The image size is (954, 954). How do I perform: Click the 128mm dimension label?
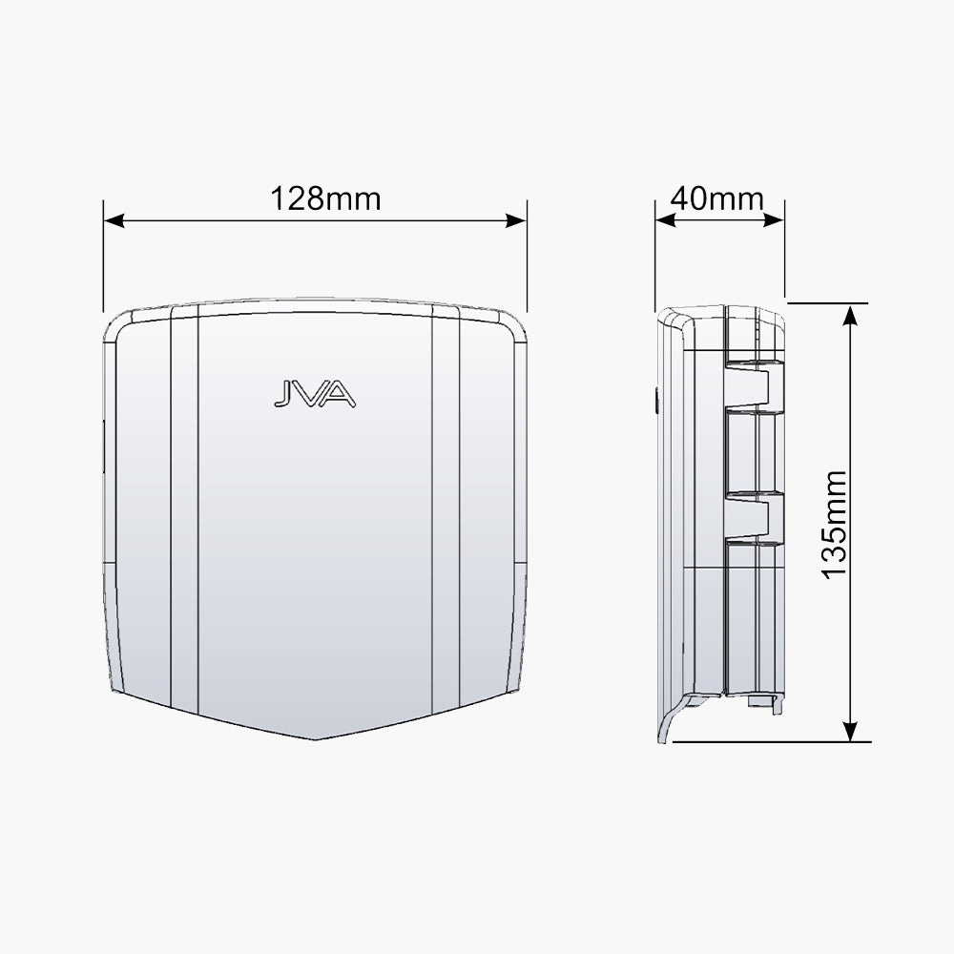click(325, 199)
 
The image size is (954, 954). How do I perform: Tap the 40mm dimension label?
click(717, 199)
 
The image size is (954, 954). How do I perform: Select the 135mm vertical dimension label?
click(834, 525)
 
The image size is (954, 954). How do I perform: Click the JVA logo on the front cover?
click(315, 394)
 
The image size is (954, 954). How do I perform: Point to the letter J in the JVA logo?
click(284, 394)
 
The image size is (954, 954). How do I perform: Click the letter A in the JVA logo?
click(340, 394)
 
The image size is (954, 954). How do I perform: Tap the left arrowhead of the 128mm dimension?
click(114, 220)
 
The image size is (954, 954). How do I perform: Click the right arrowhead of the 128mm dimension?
click(516, 220)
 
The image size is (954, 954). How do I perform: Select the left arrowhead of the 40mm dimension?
click(666, 220)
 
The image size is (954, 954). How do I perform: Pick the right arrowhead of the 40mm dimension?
click(774, 220)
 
